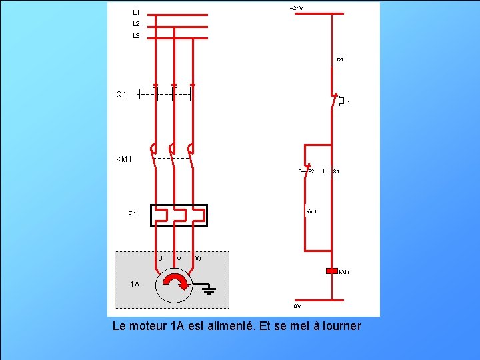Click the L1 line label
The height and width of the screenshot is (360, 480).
136,12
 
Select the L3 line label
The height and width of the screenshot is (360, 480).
136,36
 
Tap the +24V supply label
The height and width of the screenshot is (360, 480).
296,8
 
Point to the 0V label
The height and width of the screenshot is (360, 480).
297,306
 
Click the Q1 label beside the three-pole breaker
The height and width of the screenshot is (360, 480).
121,95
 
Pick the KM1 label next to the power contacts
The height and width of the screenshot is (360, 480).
125,159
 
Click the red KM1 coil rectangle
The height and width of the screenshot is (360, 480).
332,271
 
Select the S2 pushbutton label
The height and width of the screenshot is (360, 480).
311,172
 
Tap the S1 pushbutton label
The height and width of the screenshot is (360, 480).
337,172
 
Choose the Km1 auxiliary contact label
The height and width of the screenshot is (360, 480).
311,212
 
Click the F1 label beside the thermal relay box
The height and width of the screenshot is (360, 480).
132,215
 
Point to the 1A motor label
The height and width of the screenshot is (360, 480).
135,285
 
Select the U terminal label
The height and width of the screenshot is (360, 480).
160,258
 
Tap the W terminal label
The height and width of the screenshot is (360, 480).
199,258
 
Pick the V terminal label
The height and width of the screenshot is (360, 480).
179,258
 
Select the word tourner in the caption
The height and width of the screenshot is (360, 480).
338,326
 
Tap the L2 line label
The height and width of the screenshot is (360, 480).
136,24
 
